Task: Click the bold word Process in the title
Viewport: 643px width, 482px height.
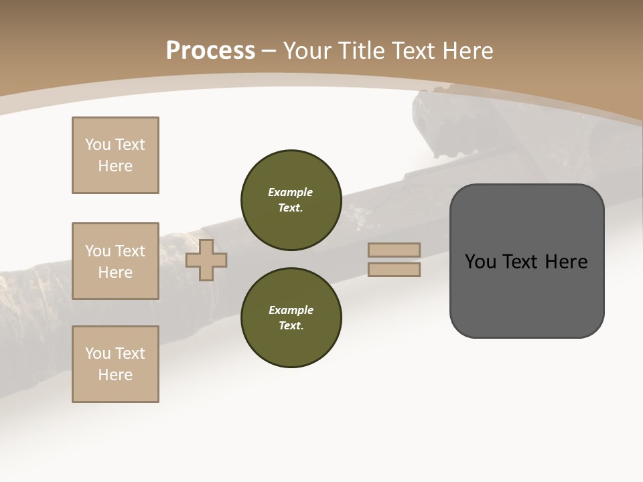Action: point(210,50)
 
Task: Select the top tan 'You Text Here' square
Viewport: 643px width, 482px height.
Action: point(115,155)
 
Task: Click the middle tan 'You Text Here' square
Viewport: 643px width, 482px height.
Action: point(115,261)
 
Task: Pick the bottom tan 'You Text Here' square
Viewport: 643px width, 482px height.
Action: point(115,364)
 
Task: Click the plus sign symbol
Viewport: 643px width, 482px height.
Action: point(206,260)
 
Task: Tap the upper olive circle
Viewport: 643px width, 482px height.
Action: point(291,200)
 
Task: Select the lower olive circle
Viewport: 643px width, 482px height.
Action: point(291,318)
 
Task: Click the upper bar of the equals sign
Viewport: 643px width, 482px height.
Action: point(394,250)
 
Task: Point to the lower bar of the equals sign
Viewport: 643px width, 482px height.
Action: point(394,270)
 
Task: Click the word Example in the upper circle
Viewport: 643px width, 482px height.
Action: point(290,192)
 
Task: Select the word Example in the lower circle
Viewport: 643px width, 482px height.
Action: point(290,310)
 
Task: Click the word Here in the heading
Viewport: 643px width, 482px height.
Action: point(466,50)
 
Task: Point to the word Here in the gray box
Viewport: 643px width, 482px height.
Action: point(567,262)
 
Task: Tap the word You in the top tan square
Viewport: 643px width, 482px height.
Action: point(97,145)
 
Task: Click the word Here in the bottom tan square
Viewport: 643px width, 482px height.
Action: point(115,375)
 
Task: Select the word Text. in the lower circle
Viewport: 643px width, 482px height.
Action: point(291,326)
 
